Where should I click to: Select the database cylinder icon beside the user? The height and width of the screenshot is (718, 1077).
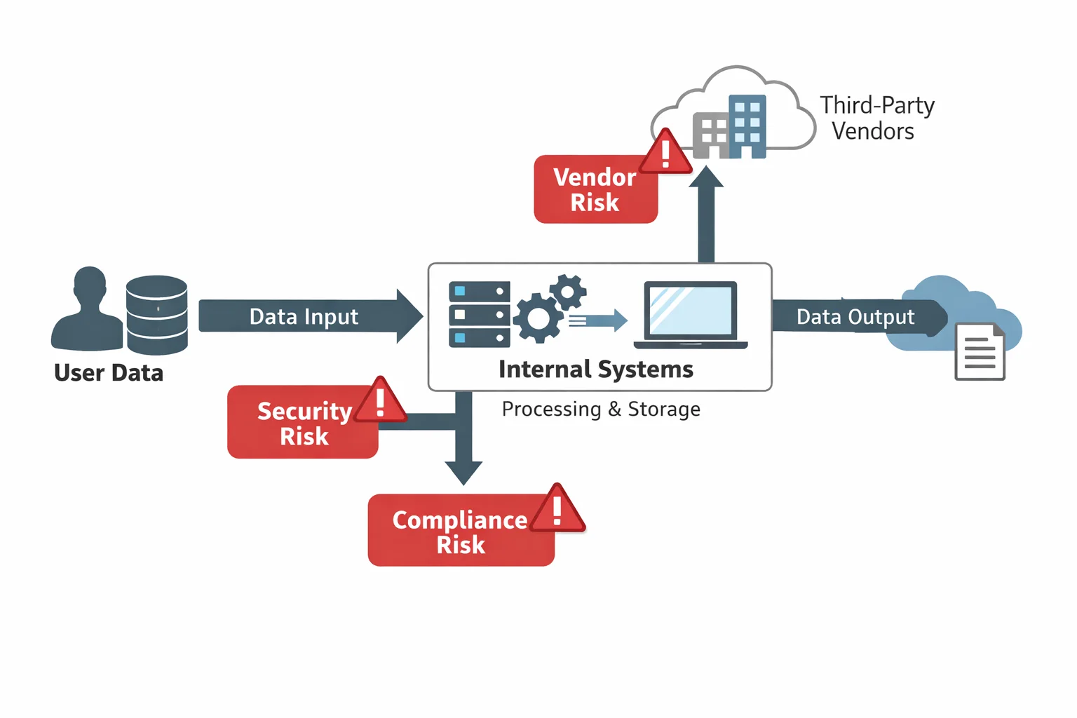tap(156, 315)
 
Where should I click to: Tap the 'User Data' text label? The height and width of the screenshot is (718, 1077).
tap(109, 373)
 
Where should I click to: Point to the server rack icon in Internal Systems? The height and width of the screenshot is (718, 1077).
tap(479, 314)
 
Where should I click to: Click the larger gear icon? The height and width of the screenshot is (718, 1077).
tap(538, 318)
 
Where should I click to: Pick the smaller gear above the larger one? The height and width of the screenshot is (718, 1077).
tap(568, 291)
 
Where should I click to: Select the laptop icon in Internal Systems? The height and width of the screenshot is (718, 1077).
tap(691, 315)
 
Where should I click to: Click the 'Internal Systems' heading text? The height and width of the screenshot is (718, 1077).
tap(595, 370)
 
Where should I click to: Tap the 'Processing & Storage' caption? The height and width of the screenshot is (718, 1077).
tap(601, 409)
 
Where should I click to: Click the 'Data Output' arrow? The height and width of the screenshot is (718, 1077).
tap(855, 317)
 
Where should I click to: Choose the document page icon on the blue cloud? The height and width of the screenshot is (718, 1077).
tap(980, 351)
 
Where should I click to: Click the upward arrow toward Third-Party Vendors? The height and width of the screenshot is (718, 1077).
tap(706, 214)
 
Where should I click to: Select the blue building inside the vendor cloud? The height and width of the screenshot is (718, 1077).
tap(747, 126)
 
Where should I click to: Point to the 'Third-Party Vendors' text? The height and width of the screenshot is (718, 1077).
tap(876, 118)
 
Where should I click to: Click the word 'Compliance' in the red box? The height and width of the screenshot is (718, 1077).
tap(459, 520)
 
